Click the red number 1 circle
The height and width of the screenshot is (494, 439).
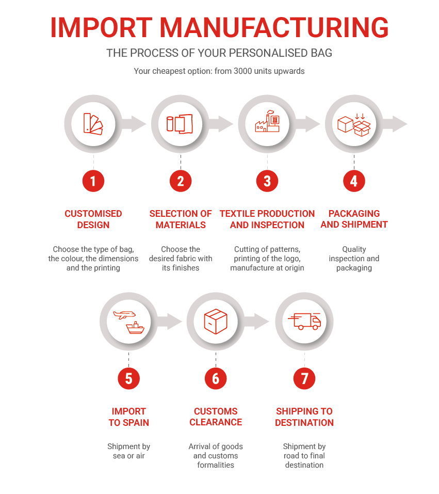[x=93, y=181]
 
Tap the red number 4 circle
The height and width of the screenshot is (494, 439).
[x=353, y=181]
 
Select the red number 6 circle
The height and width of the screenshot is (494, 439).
[x=216, y=379]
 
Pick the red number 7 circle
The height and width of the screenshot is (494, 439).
[x=304, y=379]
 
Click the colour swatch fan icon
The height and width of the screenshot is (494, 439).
[x=93, y=124]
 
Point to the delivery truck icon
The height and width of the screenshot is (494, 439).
[x=305, y=321]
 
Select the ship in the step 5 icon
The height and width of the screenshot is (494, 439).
[x=136, y=328]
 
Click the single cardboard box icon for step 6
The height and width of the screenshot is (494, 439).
[x=216, y=321]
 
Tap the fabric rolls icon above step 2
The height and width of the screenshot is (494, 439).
[x=180, y=124]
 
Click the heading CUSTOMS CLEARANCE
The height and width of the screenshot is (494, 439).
[x=216, y=417]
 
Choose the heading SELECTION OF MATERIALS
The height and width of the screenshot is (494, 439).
[x=181, y=219]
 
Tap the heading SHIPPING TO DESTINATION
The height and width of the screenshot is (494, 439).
[x=304, y=417]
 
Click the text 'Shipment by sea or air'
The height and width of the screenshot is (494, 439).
[x=128, y=451]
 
